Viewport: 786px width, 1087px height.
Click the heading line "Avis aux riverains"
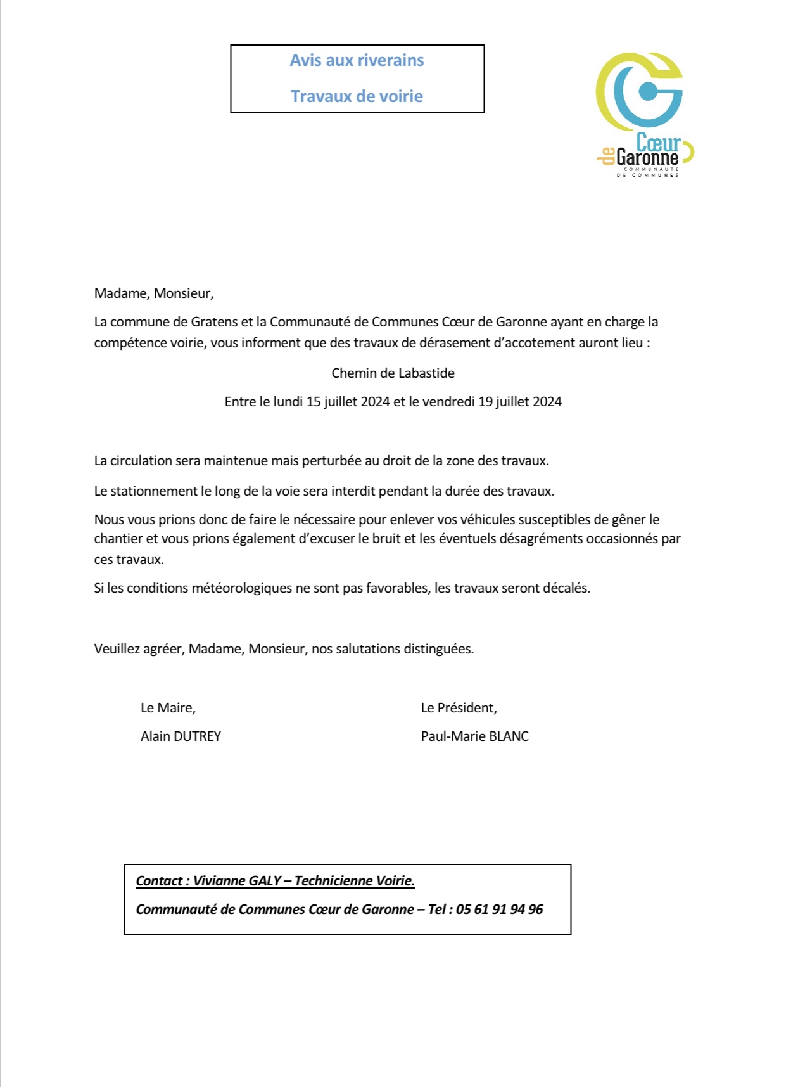point(357,60)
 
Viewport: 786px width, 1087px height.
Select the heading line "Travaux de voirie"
point(357,96)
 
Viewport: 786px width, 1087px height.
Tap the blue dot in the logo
point(647,92)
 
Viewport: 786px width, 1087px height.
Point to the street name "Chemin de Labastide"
point(393,373)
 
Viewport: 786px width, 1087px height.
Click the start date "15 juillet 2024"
point(348,402)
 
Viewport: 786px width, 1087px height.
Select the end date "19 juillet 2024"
point(520,402)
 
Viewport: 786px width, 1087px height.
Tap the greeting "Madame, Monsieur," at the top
point(154,293)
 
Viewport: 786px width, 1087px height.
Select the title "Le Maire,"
point(168,708)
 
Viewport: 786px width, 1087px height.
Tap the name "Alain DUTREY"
point(181,736)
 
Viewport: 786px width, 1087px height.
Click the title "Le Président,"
point(459,708)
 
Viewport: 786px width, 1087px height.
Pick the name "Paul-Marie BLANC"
point(474,736)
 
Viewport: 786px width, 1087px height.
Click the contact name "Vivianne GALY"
point(237,881)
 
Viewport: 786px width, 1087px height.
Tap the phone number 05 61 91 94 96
point(499,910)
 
